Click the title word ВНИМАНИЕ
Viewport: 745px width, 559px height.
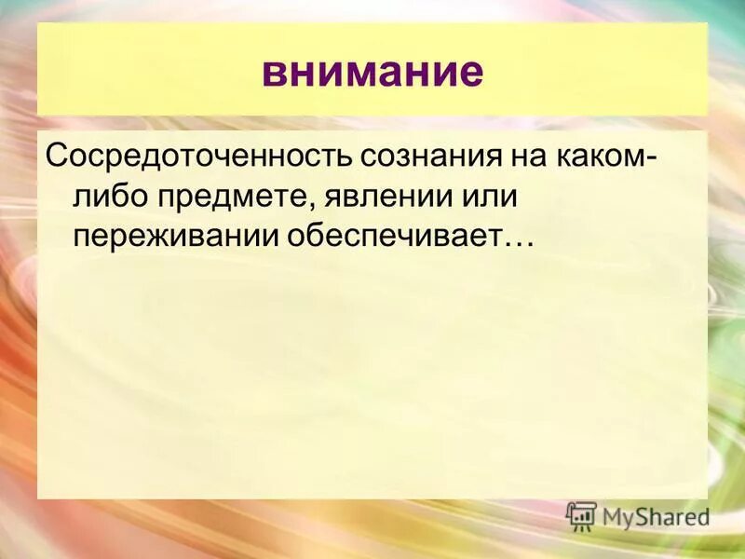[x=372, y=71]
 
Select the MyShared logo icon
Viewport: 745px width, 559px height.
[x=581, y=515]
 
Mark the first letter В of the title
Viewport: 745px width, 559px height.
[x=272, y=72]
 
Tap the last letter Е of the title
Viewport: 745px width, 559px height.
[x=473, y=72]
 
